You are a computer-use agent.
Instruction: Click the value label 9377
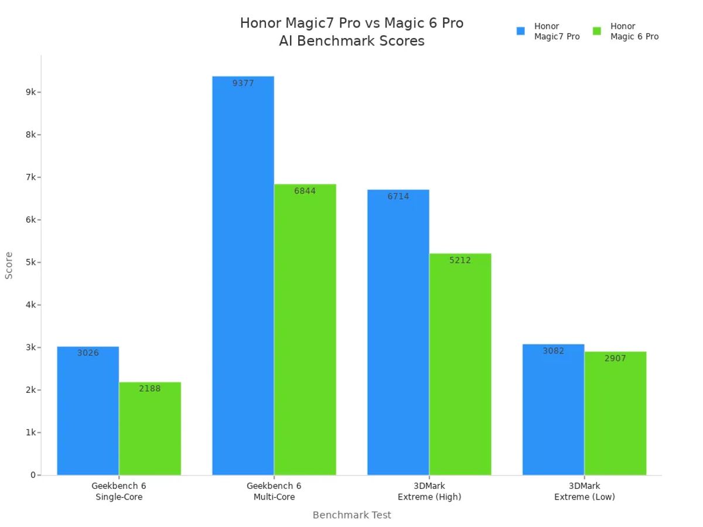243,83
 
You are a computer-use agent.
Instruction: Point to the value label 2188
150,388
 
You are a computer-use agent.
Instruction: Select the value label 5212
460,260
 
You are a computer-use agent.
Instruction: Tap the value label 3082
553,351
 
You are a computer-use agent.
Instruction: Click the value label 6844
305,191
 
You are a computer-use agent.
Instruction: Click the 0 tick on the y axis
33,475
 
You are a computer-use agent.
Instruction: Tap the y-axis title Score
9,265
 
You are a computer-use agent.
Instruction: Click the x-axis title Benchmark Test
351,515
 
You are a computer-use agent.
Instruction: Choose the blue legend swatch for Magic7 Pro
521,31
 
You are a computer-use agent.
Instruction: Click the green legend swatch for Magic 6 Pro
597,31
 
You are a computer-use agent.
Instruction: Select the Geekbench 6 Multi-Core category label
274,491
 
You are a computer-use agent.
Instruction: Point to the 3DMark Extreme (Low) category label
585,491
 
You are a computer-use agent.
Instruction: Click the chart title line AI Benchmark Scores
351,41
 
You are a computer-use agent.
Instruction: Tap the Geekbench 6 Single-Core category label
119,491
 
